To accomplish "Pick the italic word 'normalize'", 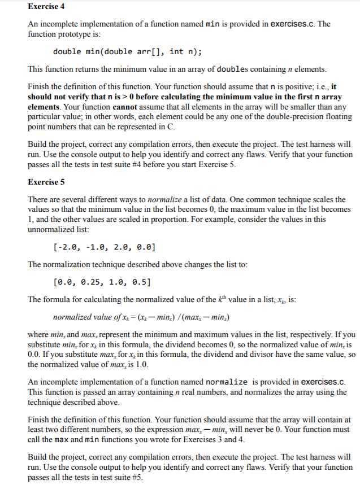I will [x=163, y=200].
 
